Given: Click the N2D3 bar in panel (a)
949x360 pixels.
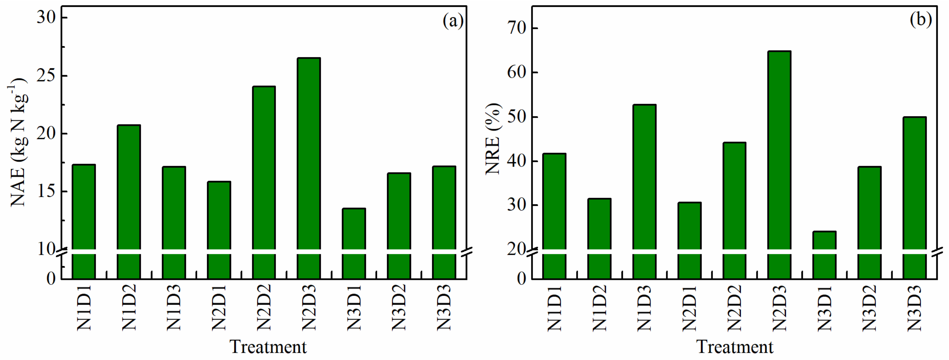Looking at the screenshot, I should (309, 155).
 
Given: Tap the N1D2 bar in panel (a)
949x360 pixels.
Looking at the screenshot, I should (129, 188).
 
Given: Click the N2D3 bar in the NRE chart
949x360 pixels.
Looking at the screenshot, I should (779, 151).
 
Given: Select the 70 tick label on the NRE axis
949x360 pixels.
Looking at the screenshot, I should (517, 29).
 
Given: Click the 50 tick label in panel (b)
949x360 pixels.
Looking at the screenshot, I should (517, 117).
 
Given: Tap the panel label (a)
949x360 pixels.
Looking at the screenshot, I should (453, 20).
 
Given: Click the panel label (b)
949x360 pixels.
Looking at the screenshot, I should (920, 19).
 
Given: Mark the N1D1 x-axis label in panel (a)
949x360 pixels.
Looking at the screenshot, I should (84, 308).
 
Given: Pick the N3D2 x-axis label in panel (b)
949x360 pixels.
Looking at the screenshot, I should (869, 308).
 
